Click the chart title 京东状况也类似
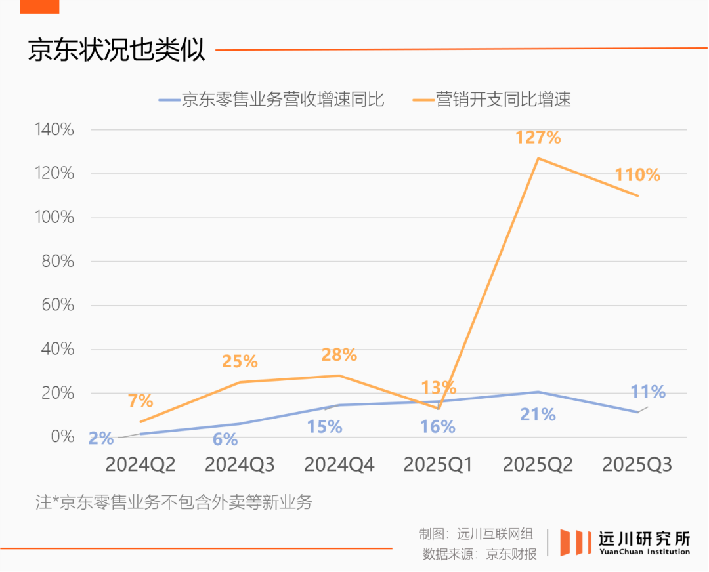117,50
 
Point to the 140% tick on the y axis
54,130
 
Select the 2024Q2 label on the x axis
140,465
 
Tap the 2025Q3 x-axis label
637,465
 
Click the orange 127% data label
538,138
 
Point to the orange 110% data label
637,175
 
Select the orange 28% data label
339,355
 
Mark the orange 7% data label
140,400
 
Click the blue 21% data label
538,415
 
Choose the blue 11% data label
648,392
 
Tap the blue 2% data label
101,438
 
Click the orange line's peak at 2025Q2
538,158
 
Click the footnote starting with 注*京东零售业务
175,503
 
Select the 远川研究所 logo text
644,540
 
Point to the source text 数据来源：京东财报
480,554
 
